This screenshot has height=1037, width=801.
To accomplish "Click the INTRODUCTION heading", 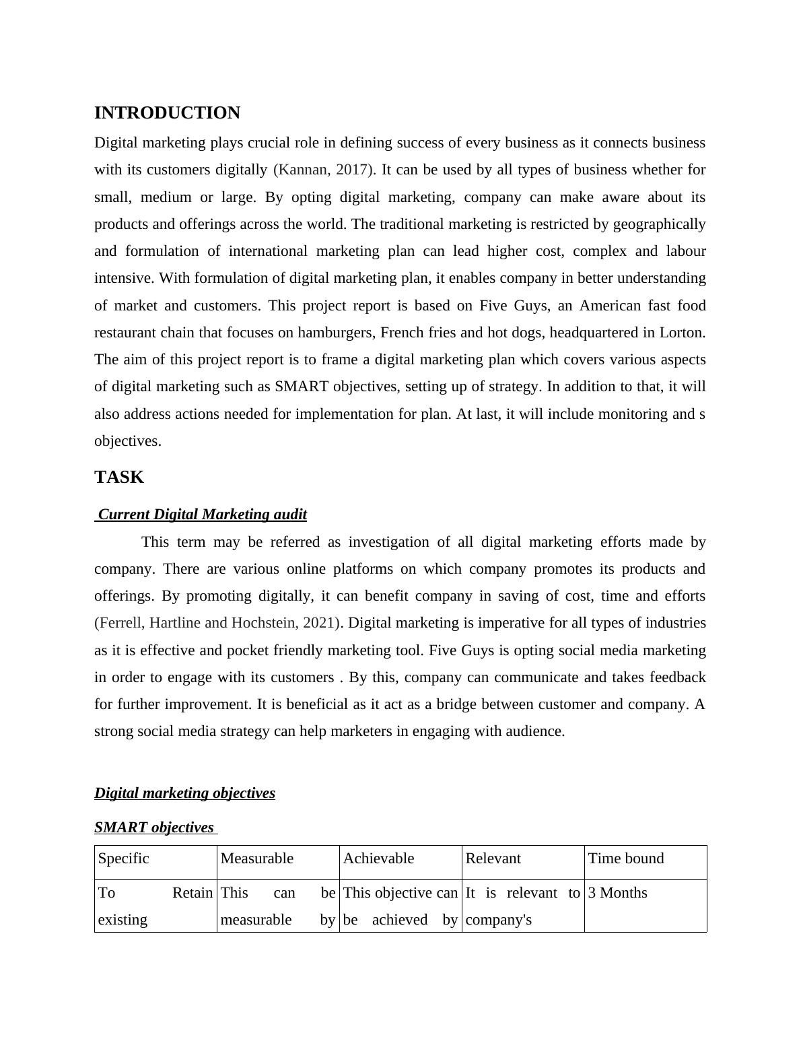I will (x=167, y=113).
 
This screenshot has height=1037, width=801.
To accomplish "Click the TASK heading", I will (x=119, y=477).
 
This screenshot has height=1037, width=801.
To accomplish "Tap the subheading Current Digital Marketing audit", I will (x=202, y=514).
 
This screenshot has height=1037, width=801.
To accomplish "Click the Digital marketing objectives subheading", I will (x=184, y=793).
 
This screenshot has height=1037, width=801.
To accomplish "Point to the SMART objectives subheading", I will (x=154, y=828).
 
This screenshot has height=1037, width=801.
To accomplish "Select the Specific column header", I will (x=124, y=859).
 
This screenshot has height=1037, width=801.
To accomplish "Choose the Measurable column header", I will (x=257, y=859).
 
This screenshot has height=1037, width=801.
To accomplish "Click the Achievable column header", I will (x=378, y=859).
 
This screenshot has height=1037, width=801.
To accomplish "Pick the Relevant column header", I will (x=493, y=859).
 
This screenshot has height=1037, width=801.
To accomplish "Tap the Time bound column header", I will (x=626, y=859).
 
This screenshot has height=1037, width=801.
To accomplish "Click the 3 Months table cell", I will (x=617, y=893).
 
